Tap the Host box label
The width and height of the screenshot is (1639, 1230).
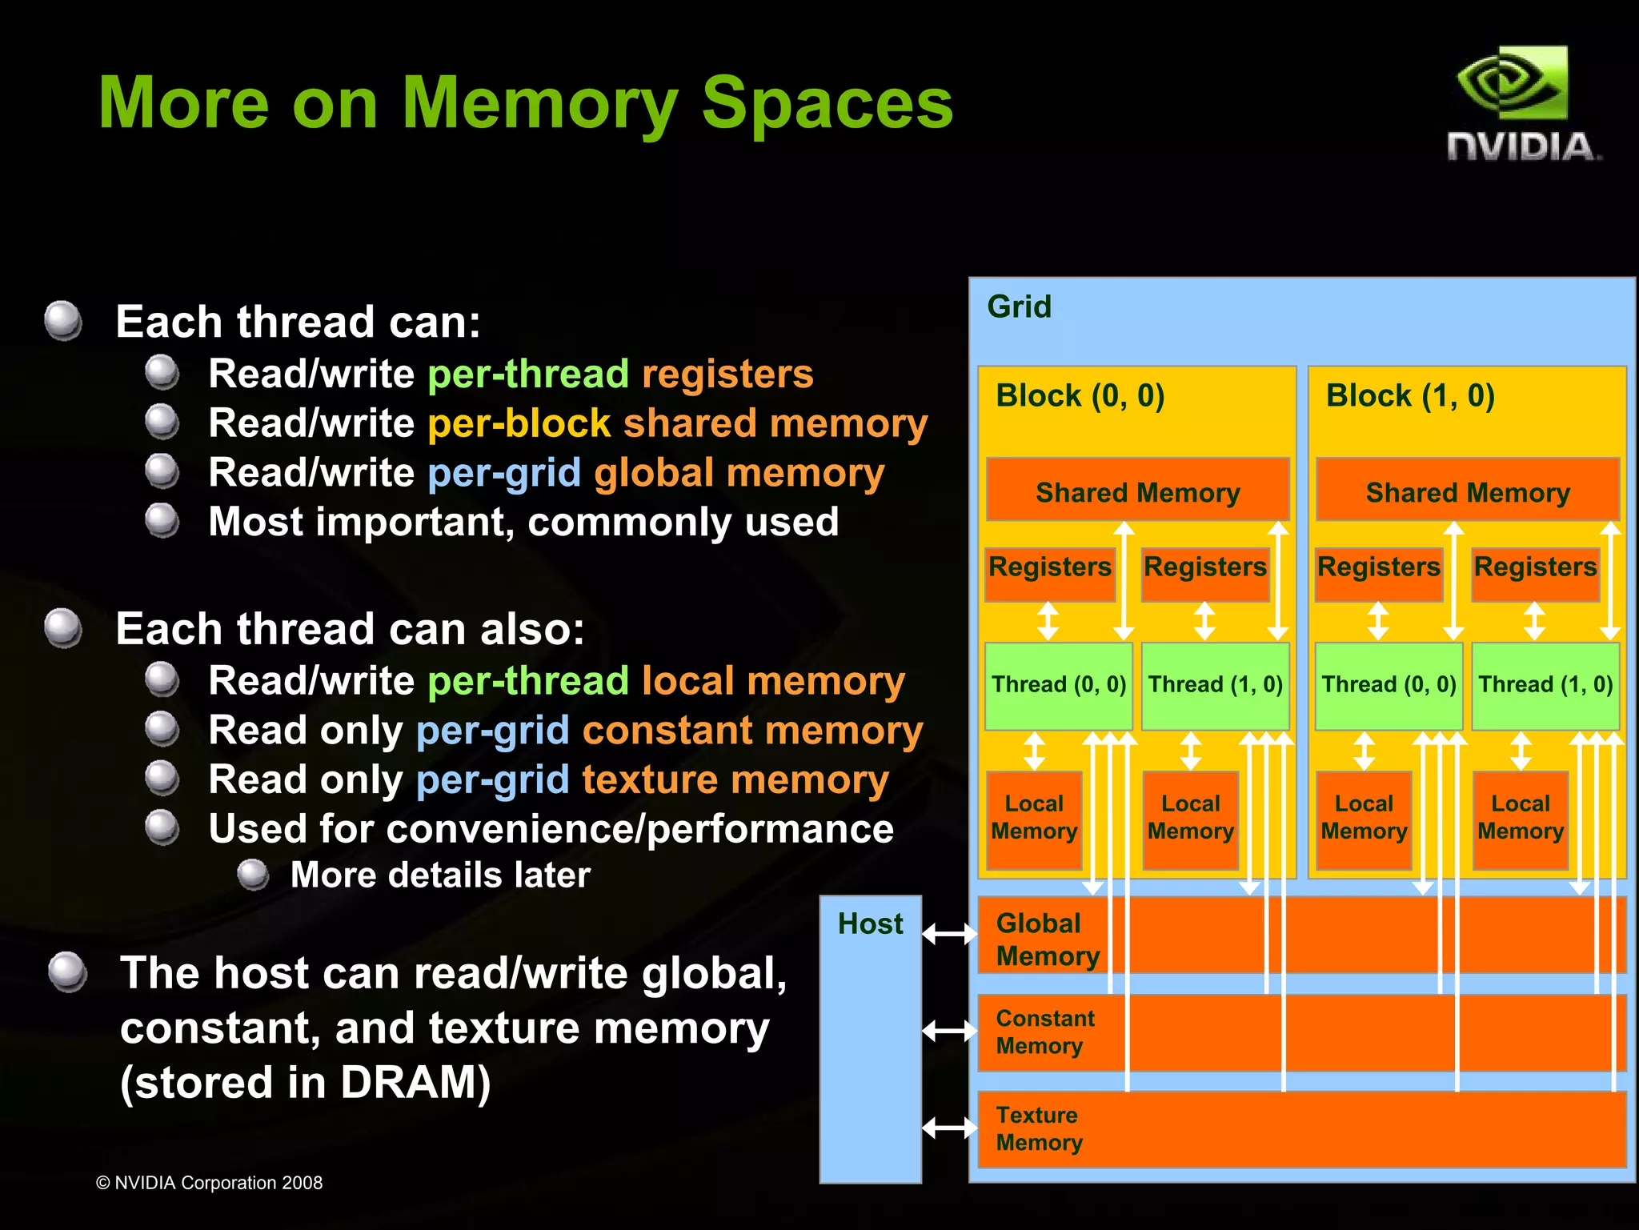click(x=870, y=924)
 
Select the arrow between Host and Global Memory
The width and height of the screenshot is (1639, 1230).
click(x=949, y=933)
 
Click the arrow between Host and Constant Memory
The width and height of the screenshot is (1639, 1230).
click(x=949, y=1031)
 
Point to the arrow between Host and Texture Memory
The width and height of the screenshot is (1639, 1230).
click(x=949, y=1128)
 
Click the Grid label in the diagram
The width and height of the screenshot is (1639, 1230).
click(x=1019, y=307)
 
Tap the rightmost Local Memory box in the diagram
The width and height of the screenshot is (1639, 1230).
click(x=1520, y=818)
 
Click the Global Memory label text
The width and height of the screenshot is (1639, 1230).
click(x=1047, y=940)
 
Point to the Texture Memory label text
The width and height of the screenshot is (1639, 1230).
click(x=1039, y=1128)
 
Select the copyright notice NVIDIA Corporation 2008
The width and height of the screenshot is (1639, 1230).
click(x=209, y=1183)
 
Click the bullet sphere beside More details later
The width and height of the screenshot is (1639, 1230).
click(x=254, y=874)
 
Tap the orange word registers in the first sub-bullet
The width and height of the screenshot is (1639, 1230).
click(x=727, y=374)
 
